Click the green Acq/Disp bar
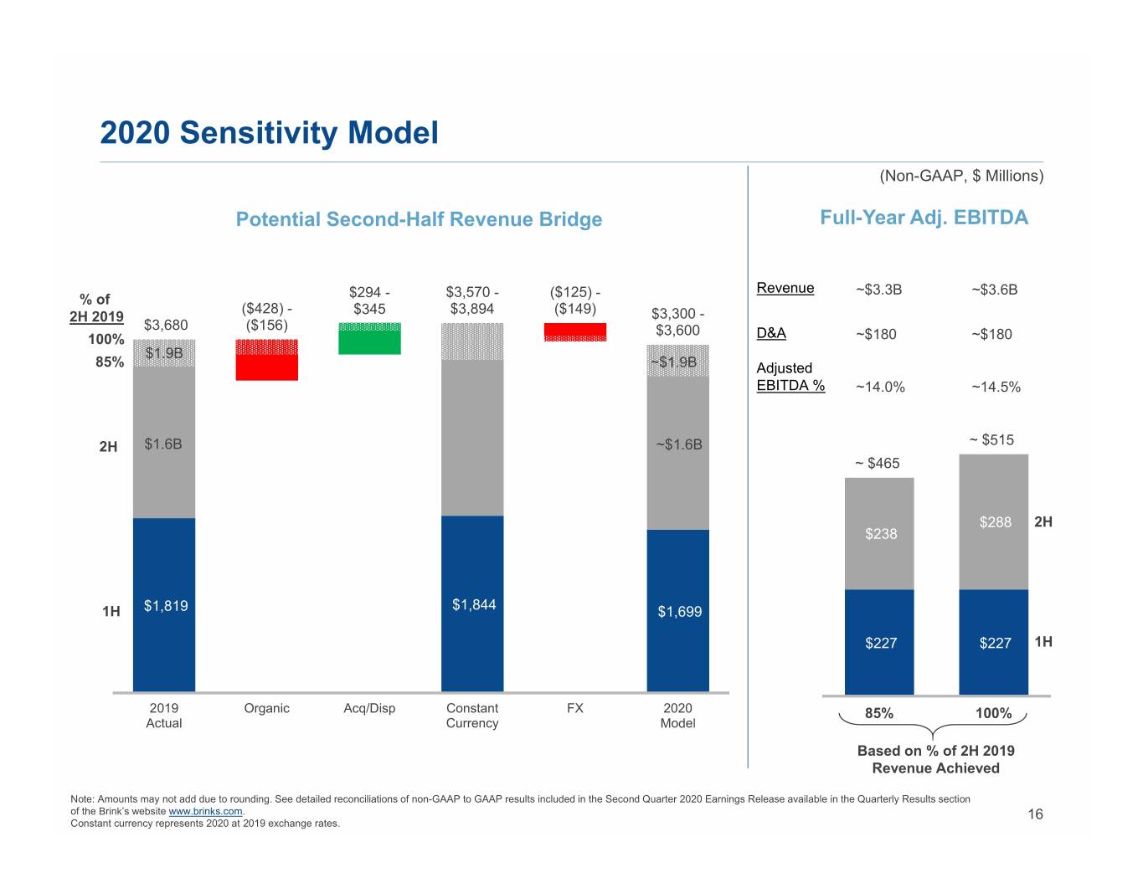(x=369, y=338)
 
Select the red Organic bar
(x=266, y=360)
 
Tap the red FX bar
(x=575, y=332)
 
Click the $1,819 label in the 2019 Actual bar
(x=166, y=605)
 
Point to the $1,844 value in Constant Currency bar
(x=474, y=604)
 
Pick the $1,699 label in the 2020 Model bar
(x=680, y=611)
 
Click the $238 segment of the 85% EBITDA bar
(x=879, y=533)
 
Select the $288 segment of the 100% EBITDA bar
(x=994, y=522)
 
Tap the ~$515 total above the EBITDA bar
(x=991, y=439)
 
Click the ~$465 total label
(x=878, y=463)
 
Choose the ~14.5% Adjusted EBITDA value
(x=996, y=387)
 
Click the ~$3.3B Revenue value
(x=878, y=289)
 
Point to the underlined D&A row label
(x=771, y=333)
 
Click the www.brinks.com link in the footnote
(x=205, y=811)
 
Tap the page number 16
(x=1035, y=814)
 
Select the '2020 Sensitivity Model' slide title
(x=269, y=132)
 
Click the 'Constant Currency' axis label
(x=471, y=716)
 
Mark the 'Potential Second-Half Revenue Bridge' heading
(x=419, y=218)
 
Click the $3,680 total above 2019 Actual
(x=166, y=325)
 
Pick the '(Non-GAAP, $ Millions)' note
(x=961, y=176)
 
